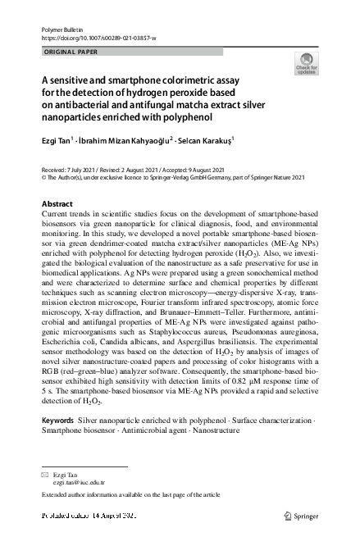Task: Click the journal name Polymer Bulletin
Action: pyautogui.click(x=57, y=29)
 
